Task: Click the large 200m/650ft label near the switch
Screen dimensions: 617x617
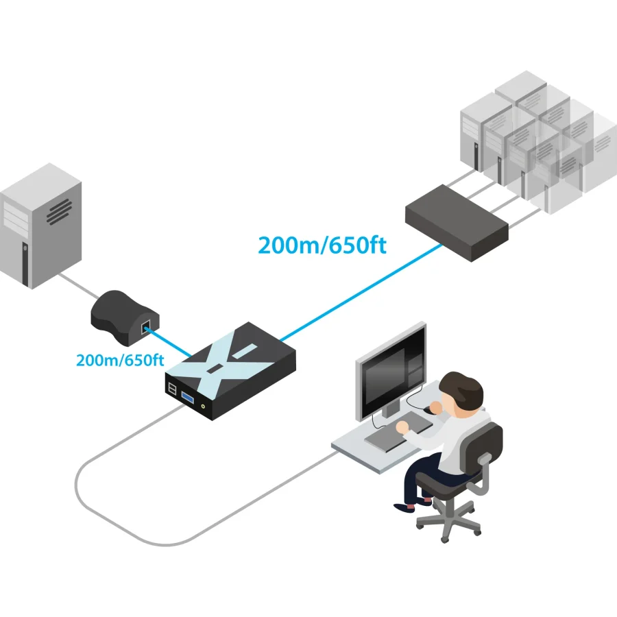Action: (322, 245)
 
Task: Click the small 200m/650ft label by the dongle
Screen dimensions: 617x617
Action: (120, 360)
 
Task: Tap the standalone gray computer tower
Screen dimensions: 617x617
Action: (40, 226)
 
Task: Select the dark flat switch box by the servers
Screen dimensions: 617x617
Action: (457, 223)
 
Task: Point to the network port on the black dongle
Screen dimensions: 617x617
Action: (145, 326)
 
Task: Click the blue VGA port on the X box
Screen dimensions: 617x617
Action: (187, 398)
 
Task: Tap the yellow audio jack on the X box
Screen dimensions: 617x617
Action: (204, 406)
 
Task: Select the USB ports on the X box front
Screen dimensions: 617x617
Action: (172, 388)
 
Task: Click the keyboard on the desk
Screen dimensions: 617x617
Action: (398, 432)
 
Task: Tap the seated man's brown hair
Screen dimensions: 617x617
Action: (461, 389)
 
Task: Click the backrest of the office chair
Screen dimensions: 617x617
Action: (483, 446)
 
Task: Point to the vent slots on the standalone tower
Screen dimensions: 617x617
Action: (60, 212)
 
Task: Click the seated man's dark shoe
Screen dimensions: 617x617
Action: (404, 507)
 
